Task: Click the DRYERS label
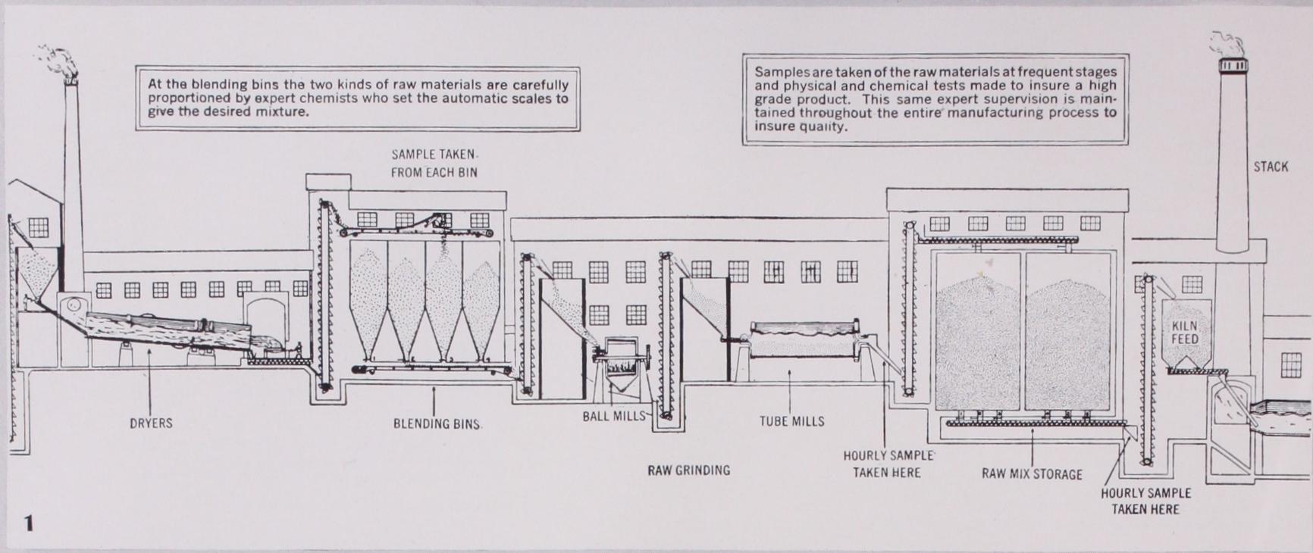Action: pyautogui.click(x=151, y=423)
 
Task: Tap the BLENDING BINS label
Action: pyautogui.click(x=437, y=424)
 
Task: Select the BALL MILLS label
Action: pyautogui.click(x=614, y=416)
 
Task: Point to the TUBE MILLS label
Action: pyautogui.click(x=792, y=421)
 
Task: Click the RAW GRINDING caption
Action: pyautogui.click(x=688, y=470)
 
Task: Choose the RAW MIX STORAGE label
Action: pyautogui.click(x=1032, y=474)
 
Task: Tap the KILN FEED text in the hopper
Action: pyautogui.click(x=1185, y=333)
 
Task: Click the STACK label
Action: pyautogui.click(x=1271, y=167)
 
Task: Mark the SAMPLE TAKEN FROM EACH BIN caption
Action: pyautogui.click(x=434, y=164)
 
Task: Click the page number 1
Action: pyautogui.click(x=29, y=523)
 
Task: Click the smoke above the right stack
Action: pyautogui.click(x=1228, y=45)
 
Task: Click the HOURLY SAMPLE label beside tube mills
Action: pyautogui.click(x=888, y=464)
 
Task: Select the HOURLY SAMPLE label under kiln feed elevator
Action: pyautogui.click(x=1145, y=501)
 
